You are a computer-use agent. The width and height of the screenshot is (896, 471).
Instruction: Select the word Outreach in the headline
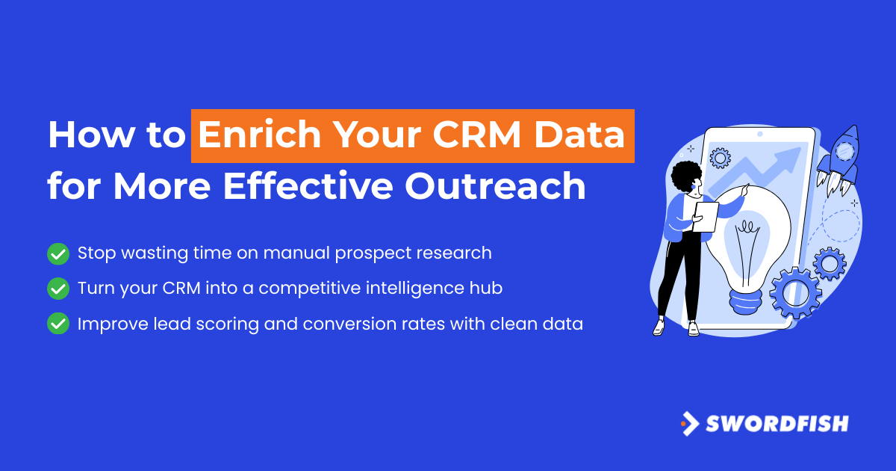tap(496, 186)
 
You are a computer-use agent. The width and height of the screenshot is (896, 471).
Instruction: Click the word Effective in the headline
tap(308, 186)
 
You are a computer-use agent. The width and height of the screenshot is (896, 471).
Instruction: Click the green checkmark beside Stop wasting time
tap(58, 254)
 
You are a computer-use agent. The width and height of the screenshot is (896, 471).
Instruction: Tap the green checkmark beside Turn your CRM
tap(58, 289)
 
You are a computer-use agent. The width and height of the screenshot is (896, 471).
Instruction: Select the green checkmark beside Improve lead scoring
tap(58, 324)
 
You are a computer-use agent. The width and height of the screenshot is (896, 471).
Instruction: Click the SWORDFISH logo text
tap(777, 424)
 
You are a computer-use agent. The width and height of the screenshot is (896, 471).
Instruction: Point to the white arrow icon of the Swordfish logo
tap(691, 424)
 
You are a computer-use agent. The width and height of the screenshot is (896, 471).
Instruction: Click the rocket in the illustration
tap(839, 160)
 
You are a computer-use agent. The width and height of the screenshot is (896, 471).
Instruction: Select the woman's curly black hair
tap(685, 176)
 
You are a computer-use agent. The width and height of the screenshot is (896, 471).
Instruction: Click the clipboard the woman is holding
tap(706, 217)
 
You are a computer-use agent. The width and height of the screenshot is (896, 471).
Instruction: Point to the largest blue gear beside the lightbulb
tap(795, 293)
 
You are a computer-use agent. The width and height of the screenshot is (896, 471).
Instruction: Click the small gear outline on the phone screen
tap(720, 158)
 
